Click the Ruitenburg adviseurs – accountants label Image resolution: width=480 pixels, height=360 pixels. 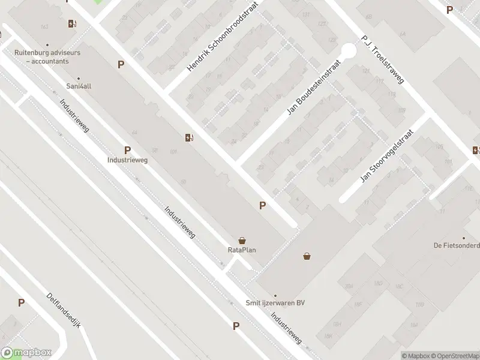pyautogui.click(x=47, y=56)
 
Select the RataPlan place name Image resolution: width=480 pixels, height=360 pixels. pyautogui.click(x=242, y=250)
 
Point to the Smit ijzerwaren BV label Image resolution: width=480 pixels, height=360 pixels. pyautogui.click(x=276, y=303)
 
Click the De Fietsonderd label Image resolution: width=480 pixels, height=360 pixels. pyautogui.click(x=457, y=245)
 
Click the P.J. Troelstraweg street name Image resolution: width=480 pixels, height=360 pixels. pyautogui.click(x=384, y=61)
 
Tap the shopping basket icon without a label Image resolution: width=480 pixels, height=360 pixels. pyautogui.click(x=307, y=256)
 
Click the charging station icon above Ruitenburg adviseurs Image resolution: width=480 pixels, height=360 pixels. pyautogui.click(x=72, y=24)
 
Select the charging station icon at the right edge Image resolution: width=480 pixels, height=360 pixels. pyautogui.click(x=476, y=150)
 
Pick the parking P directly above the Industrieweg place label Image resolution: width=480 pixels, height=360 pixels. pyautogui.click(x=127, y=150)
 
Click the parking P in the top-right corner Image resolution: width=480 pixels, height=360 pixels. pyautogui.click(x=449, y=9)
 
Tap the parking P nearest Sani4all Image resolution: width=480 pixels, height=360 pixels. pyautogui.click(x=121, y=64)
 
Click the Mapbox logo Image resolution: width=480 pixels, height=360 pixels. pyautogui.click(x=26, y=353)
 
